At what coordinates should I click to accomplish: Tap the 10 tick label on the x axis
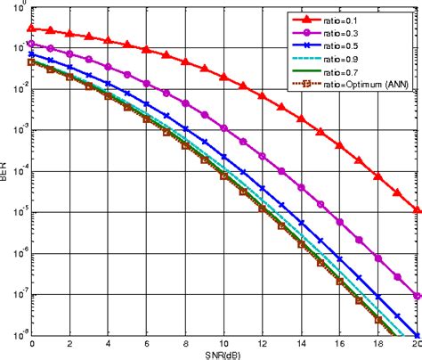tap(223, 342)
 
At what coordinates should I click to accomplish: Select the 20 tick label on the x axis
tap(415, 342)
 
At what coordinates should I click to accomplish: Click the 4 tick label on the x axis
tap(108, 342)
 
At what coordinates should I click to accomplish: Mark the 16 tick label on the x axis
tap(339, 342)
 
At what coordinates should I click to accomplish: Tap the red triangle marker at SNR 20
tap(417, 210)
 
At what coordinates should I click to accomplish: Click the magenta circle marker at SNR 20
tap(417, 297)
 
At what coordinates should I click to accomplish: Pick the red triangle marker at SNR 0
tap(32, 28)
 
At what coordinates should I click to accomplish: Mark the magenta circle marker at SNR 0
tap(32, 43)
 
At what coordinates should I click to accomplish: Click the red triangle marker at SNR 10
tap(223, 77)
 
